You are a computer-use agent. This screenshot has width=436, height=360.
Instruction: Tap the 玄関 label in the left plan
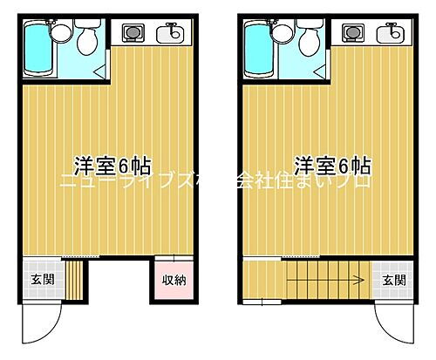tap(41, 280)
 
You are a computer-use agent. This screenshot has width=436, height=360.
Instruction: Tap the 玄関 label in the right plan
tap(393, 280)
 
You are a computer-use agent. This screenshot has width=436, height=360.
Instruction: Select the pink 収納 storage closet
tap(172, 281)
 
